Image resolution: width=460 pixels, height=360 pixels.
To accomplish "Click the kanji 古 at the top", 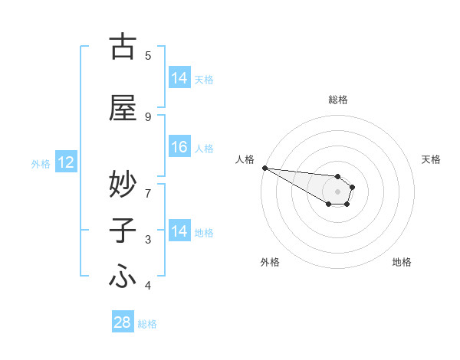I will click(123, 47).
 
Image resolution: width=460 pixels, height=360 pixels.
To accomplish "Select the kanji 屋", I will click(123, 109).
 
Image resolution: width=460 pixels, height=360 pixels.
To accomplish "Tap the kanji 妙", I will click(123, 184).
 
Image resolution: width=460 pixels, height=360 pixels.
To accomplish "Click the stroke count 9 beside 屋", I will click(148, 116).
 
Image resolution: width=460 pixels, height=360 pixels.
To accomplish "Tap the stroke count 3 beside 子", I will click(148, 240).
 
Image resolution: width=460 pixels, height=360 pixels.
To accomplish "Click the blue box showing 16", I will click(179, 148).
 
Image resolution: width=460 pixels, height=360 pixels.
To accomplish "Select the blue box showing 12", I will click(65, 162).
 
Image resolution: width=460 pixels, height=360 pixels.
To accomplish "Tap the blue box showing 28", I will click(123, 322).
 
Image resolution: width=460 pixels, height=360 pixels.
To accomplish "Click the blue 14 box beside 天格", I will click(179, 78).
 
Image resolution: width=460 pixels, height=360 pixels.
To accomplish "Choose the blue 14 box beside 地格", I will click(179, 231).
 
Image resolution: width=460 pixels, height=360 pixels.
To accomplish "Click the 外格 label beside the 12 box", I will click(41, 163).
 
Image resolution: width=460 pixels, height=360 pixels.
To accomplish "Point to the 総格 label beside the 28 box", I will click(147, 324).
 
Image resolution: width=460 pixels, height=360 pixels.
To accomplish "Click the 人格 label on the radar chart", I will click(245, 159).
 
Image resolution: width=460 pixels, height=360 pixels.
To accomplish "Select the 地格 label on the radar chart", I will click(402, 262).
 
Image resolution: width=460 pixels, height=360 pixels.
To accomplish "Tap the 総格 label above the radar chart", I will click(337, 100).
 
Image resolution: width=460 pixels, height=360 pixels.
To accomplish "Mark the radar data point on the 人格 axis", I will click(264, 168).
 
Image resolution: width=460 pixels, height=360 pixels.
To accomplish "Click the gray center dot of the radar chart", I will click(337, 191).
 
